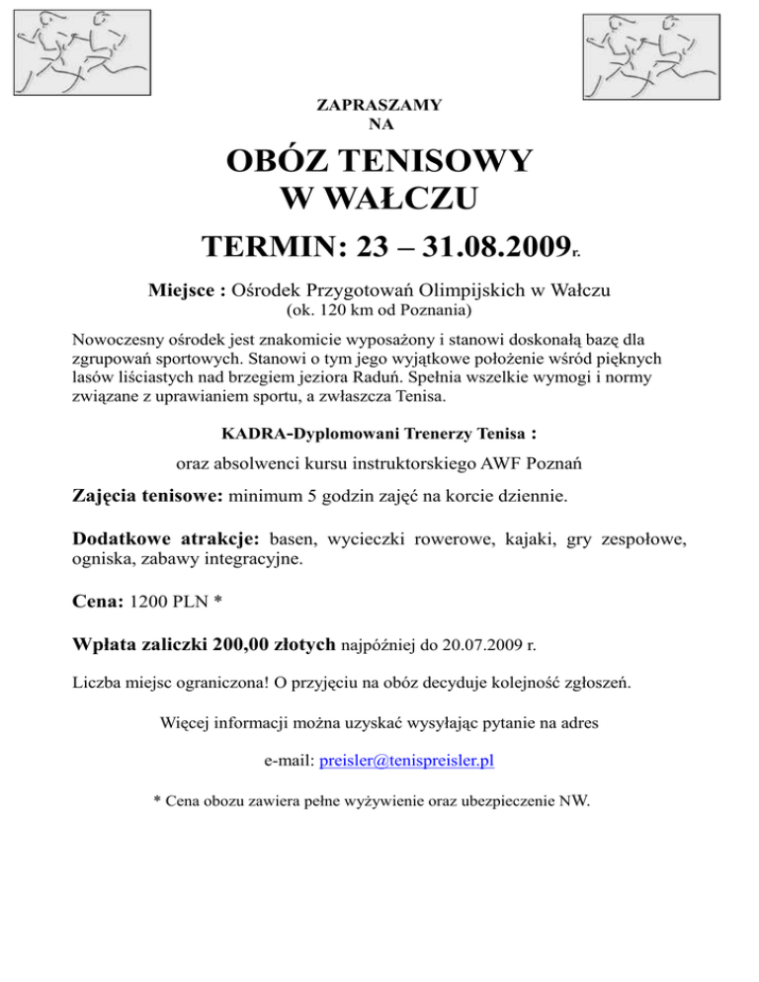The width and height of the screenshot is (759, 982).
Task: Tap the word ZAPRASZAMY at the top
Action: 379,104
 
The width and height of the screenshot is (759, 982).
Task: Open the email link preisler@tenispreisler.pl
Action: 407,761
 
